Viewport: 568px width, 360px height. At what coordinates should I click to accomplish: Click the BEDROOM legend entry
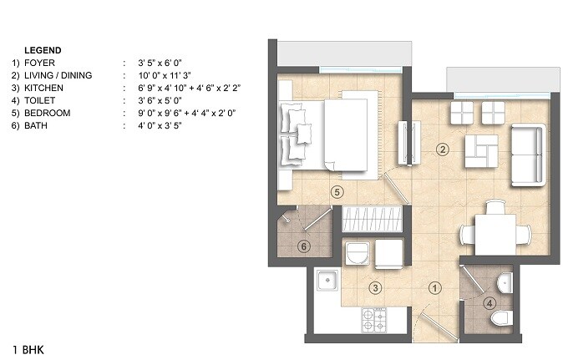click(47, 113)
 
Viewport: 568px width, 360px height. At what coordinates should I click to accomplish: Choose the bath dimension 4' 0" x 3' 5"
click(152, 125)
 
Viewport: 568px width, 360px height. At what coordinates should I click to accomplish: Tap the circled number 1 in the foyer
click(434, 288)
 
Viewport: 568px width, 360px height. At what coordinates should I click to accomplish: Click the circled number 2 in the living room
click(444, 150)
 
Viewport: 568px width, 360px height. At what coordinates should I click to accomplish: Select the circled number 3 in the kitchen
click(377, 288)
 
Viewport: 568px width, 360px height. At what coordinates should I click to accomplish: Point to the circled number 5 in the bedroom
click(337, 191)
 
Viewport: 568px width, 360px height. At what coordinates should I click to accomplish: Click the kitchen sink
click(327, 281)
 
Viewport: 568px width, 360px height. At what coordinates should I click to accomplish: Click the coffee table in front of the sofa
click(483, 150)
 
